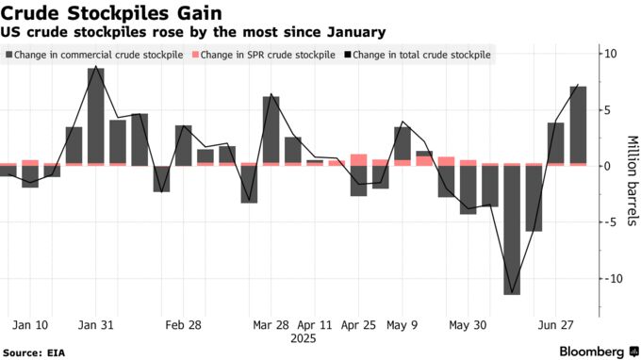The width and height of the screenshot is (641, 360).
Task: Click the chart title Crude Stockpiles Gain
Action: tap(112, 13)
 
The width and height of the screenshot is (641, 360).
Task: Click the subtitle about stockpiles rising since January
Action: tap(192, 33)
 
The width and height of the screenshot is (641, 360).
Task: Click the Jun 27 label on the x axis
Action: tap(556, 324)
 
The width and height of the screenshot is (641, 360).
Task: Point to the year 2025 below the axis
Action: tap(304, 336)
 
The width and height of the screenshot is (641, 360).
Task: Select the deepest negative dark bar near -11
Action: tap(512, 231)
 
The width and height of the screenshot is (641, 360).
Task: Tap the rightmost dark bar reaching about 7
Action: tap(578, 124)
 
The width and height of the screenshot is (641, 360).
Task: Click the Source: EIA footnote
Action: tap(37, 351)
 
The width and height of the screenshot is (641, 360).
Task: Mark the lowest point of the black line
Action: tap(512, 294)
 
